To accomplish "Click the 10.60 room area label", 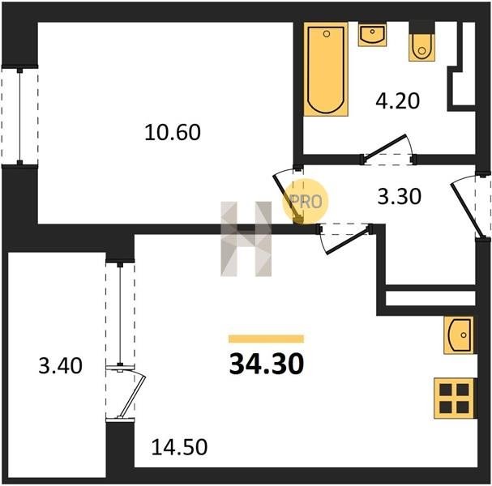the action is pos(173,132).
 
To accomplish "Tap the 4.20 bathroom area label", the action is pos(397,101).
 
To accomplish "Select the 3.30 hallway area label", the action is pos(399,197).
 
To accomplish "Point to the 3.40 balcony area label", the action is pos(60,365).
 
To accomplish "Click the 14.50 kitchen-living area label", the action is pos(179,447).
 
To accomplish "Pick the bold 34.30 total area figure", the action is pos(267,364).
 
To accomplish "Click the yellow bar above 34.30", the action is pos(266,339).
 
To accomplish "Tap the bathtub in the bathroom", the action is pos(326,69).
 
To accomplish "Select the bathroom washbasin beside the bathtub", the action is pos(372,35).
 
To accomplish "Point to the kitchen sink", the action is pos(459,335).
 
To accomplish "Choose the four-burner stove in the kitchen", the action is pos(455,399).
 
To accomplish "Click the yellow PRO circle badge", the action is pos(305,202).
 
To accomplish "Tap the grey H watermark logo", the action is pos(246,239).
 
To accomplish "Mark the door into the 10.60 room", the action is pos(288,196).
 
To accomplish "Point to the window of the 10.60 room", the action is pos(19,117).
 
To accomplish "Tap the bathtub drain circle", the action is pos(327,34).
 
